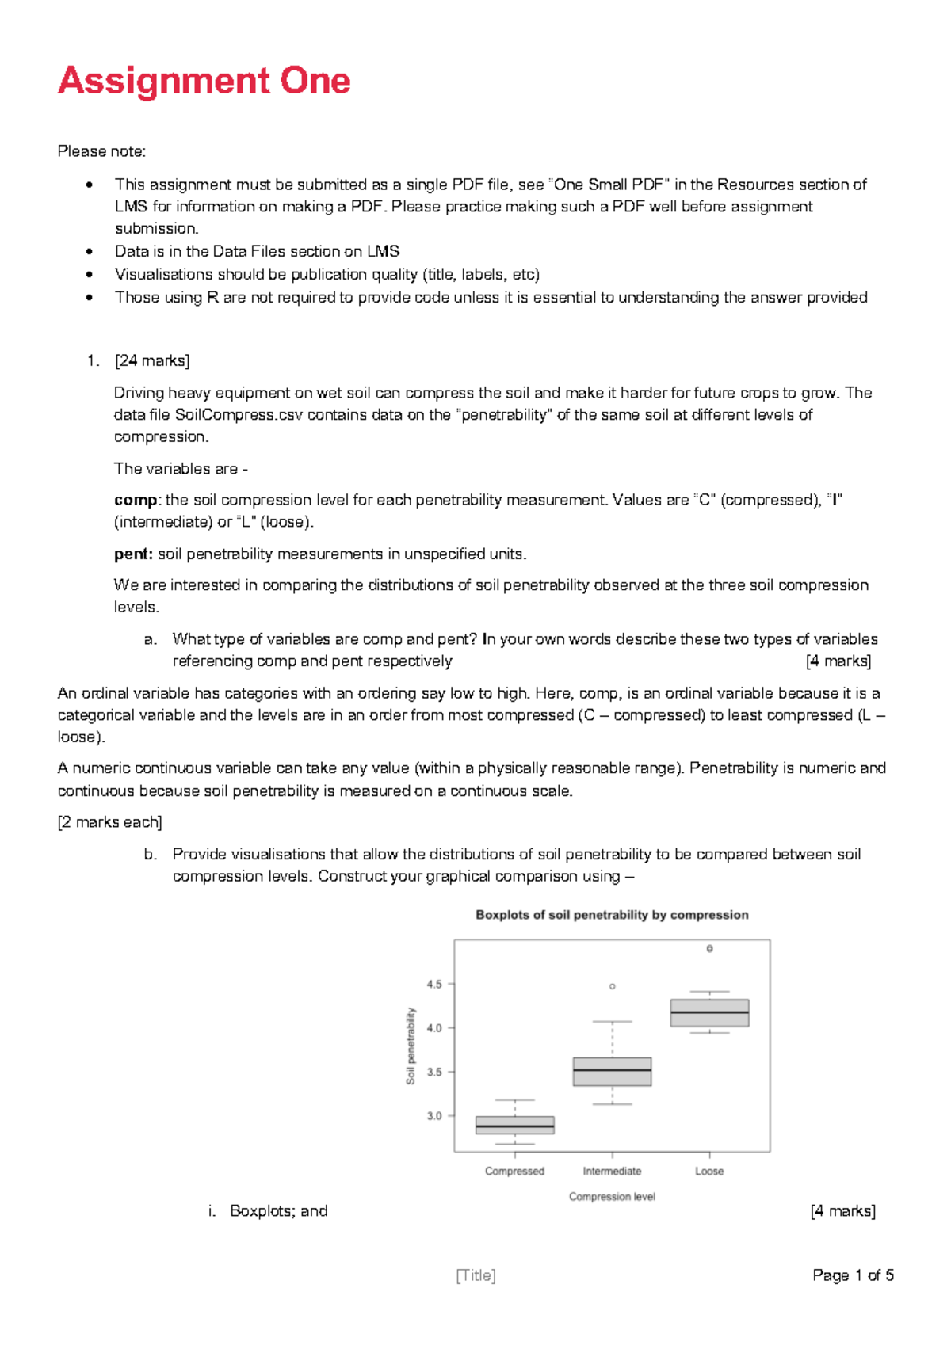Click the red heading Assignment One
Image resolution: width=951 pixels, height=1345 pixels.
pos(204,81)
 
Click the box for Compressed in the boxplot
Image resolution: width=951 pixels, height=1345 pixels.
pos(514,1126)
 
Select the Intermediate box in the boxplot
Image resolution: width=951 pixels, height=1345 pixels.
pos(612,1072)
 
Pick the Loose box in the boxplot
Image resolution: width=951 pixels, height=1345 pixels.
pos(709,1013)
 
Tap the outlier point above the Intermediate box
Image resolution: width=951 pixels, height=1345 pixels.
pos(612,986)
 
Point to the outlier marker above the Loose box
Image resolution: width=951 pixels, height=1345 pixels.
pos(709,948)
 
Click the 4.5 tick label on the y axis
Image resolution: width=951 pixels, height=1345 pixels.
pos(434,984)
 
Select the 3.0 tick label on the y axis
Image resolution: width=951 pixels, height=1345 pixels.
pos(434,1115)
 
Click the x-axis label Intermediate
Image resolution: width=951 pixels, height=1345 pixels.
pos(612,1171)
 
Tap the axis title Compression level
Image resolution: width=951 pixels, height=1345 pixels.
pos(612,1196)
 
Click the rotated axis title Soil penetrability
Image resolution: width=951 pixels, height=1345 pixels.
pos(411,1046)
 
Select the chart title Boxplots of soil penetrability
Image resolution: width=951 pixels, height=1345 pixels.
pos(612,915)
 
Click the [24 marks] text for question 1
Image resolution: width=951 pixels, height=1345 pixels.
pos(152,361)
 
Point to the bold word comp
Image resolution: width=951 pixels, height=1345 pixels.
pos(136,501)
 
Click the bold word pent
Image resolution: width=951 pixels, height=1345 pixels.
pos(133,554)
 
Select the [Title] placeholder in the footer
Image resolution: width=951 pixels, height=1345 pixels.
pos(475,1275)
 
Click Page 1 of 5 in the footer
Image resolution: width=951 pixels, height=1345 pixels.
pos(853,1275)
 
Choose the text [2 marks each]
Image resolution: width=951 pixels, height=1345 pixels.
pos(109,822)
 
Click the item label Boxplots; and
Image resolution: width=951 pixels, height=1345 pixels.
pos(278,1211)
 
